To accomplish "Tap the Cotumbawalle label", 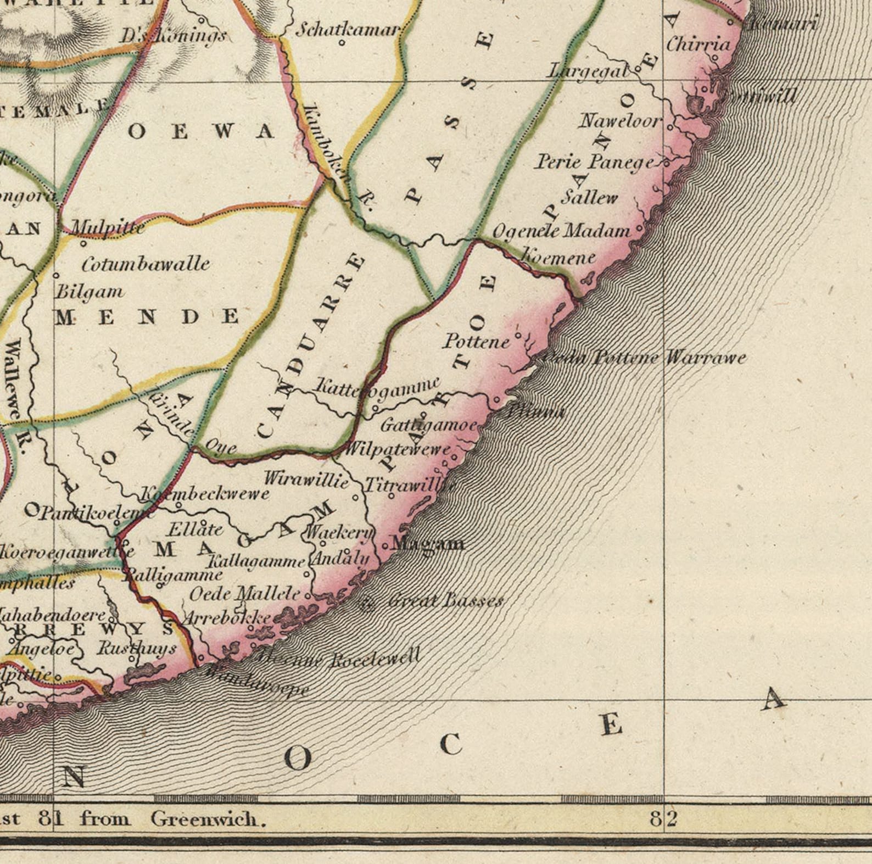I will click(146, 264).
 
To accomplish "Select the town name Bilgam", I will click(90, 291).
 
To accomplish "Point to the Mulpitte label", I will click(108, 227).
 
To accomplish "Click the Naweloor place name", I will click(620, 120).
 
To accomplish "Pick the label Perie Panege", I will click(595, 161).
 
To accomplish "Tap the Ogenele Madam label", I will click(561, 231).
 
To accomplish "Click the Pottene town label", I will click(476, 342).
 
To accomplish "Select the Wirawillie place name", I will click(306, 480).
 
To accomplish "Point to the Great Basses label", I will click(445, 600).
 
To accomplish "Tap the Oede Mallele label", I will click(245, 593).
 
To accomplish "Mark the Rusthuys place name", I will click(137, 648).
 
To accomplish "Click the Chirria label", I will click(698, 44).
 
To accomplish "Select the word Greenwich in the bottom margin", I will click(208, 820).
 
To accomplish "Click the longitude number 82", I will click(663, 820).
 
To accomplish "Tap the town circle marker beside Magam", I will click(385, 546).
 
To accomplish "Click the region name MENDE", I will click(147, 317).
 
